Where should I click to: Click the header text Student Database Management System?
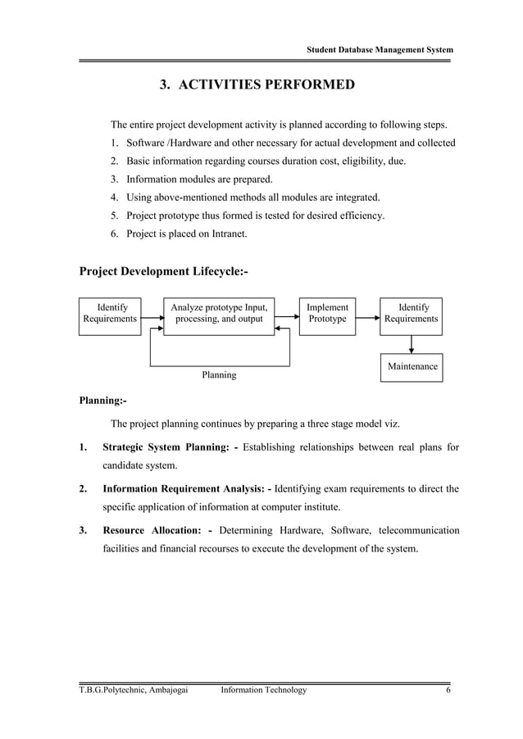(x=380, y=51)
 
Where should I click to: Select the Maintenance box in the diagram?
(x=412, y=367)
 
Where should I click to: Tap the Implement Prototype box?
(x=327, y=313)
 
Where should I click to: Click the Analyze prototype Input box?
(x=219, y=313)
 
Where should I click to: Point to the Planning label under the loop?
(x=219, y=374)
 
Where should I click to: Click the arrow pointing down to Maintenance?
(x=412, y=345)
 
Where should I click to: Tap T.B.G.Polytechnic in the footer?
(x=107, y=690)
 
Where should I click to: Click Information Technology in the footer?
(x=264, y=690)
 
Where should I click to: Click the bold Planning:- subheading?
(x=102, y=401)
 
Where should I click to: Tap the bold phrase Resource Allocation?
(x=151, y=531)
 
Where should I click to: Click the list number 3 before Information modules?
(x=114, y=179)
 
